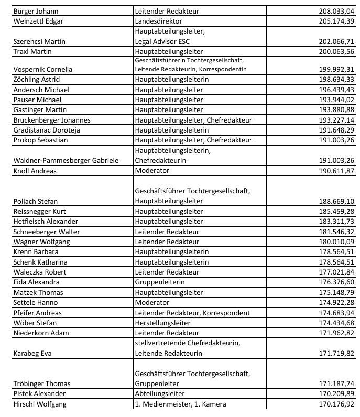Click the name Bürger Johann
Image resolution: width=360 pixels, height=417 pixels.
coord(36,11)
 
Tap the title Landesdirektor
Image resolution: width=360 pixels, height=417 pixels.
coord(159,21)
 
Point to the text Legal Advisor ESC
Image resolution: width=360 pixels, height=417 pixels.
coord(164,41)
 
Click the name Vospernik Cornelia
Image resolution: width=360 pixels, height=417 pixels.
coord(43,69)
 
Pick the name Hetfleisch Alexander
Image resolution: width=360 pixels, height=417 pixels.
coord(46,222)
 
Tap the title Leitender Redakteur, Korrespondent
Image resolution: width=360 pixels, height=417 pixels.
coord(192,313)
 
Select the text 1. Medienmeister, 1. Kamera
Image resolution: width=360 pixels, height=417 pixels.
coord(181,404)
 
